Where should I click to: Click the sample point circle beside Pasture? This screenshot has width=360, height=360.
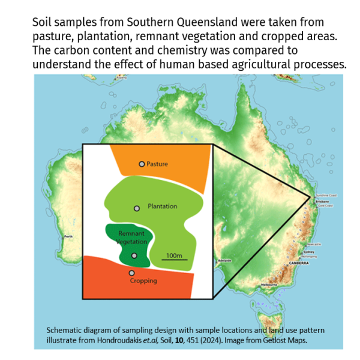(x=142, y=164)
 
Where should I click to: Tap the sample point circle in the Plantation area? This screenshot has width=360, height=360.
(x=137, y=208)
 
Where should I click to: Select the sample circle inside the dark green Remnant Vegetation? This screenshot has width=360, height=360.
(x=134, y=256)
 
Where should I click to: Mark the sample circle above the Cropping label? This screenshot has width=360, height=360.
(x=131, y=273)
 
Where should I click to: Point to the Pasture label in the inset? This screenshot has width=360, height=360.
(x=157, y=164)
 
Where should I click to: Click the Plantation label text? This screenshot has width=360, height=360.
(x=162, y=206)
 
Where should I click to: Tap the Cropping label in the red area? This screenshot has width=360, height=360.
(x=143, y=281)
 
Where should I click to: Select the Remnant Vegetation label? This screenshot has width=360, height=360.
(x=133, y=237)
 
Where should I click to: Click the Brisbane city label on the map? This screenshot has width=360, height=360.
(x=322, y=202)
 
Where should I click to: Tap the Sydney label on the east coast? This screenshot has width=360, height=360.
(x=309, y=252)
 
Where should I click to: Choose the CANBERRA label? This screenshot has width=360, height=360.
(x=298, y=263)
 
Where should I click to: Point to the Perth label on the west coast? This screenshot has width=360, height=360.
(x=68, y=236)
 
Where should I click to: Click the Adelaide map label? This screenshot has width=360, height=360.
(x=224, y=260)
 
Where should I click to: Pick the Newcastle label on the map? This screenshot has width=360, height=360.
(x=313, y=245)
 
